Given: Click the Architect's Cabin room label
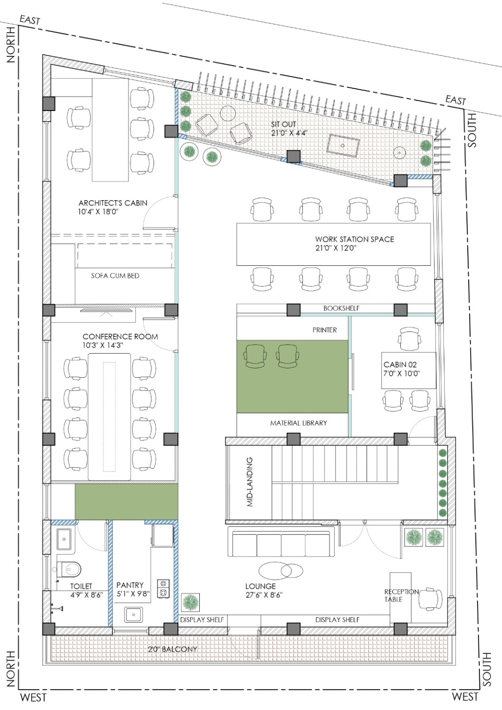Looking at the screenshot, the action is (113, 203).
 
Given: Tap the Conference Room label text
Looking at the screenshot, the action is (120, 337).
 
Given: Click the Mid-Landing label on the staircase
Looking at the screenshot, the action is (250, 482).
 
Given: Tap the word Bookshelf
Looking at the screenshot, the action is (341, 308).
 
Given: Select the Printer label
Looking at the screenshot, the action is (324, 330).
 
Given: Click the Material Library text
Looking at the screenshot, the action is (299, 423).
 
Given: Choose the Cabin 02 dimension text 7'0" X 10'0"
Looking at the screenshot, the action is (402, 373).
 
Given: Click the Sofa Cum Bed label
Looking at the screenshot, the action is (115, 276).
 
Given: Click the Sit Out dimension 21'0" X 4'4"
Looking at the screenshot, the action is (289, 133).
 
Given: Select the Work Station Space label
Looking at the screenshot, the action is (355, 239).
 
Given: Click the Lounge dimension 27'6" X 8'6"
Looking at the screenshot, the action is (264, 595).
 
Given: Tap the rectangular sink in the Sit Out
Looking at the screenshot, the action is (343, 146).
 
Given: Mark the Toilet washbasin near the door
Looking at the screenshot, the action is (65, 539).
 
